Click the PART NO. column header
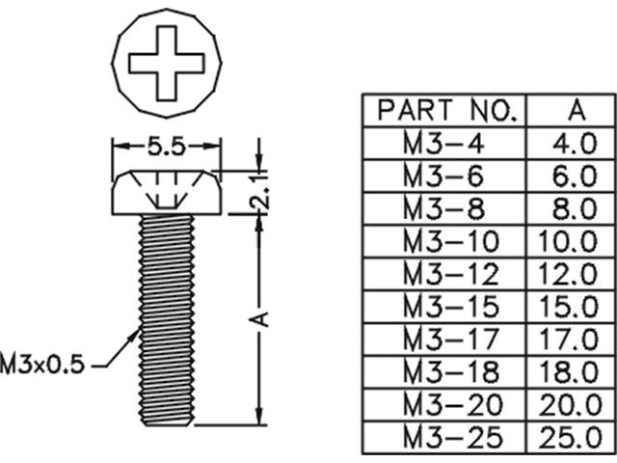(x=446, y=110)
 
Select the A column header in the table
(x=577, y=110)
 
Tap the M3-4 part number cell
(x=446, y=144)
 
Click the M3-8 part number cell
(x=446, y=208)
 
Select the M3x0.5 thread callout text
(x=43, y=365)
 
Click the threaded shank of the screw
(x=168, y=318)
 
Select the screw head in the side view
(x=168, y=194)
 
